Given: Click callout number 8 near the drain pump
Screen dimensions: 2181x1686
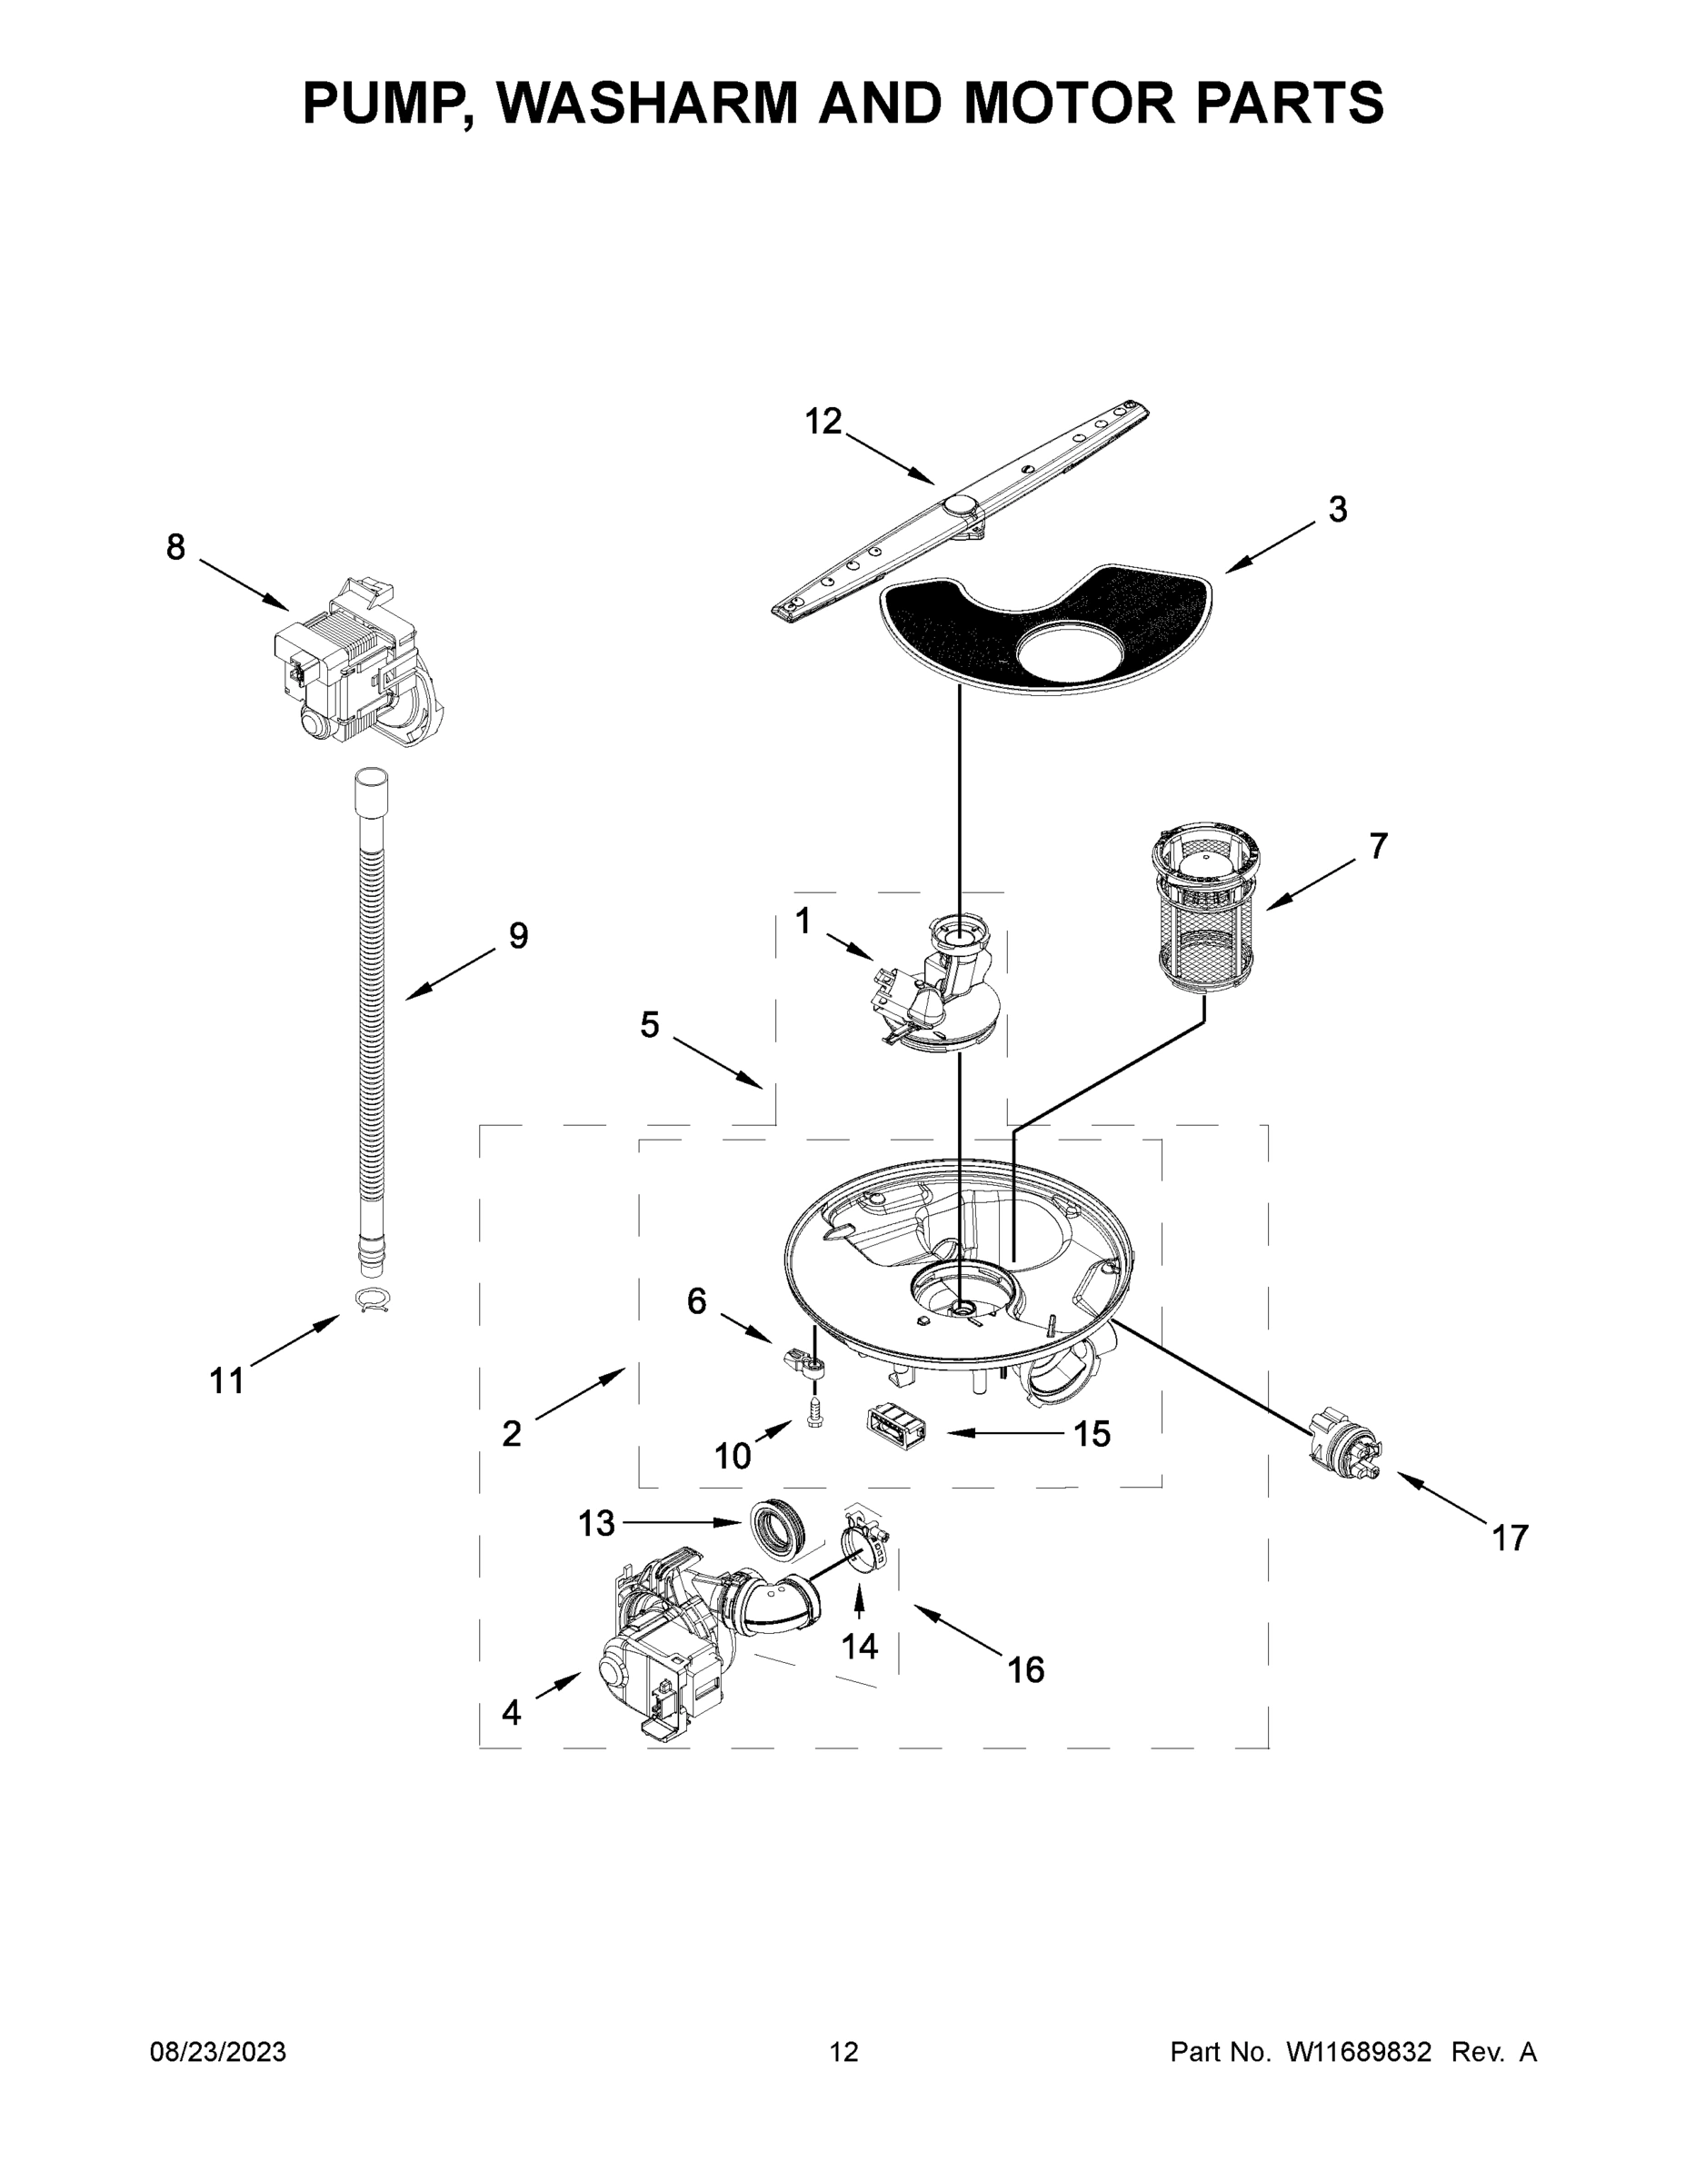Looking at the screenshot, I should (175, 547).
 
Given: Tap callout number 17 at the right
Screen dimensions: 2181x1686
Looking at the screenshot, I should (1509, 1538).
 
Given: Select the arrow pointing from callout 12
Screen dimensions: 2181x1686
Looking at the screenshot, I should (893, 462).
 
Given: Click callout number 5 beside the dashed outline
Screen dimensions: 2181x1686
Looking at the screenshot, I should (649, 1024).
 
